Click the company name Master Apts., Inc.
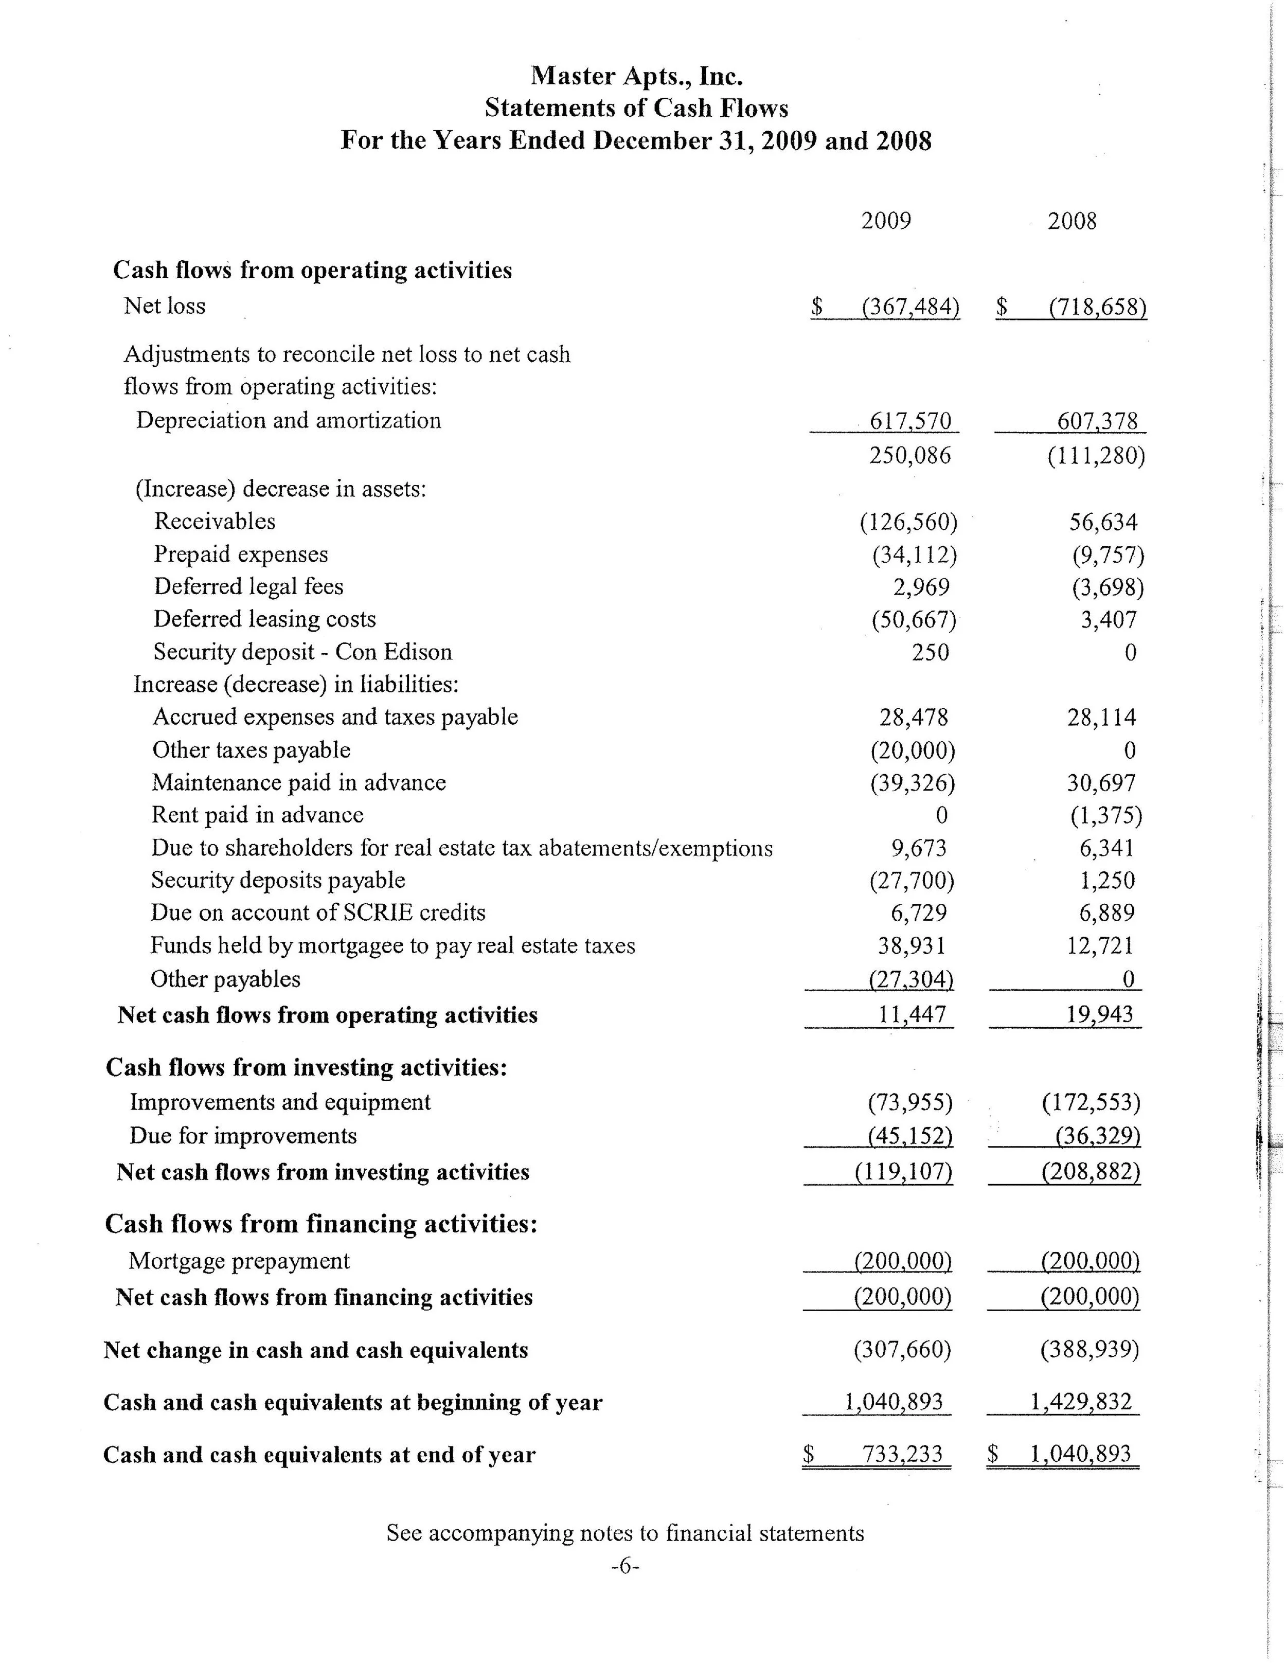tap(636, 76)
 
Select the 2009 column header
tap(885, 221)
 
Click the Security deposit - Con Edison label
tap(302, 652)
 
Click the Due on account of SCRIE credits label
tap(318, 913)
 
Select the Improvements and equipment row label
tap(280, 1102)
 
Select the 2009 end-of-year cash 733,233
tap(902, 1455)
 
